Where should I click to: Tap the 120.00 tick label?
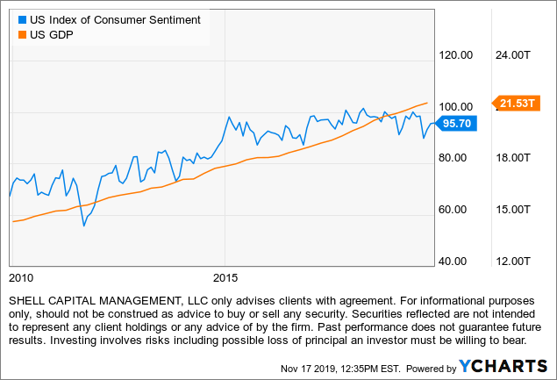coord(455,54)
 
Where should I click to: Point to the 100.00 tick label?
coord(455,106)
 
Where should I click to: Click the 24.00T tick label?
coord(513,54)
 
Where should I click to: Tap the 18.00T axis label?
coord(513,158)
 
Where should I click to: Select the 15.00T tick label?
coord(513,210)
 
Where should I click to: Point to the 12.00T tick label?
coord(513,262)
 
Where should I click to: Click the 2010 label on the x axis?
coord(21,277)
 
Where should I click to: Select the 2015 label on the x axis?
coord(225,277)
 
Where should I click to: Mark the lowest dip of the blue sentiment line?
coord(84,226)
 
